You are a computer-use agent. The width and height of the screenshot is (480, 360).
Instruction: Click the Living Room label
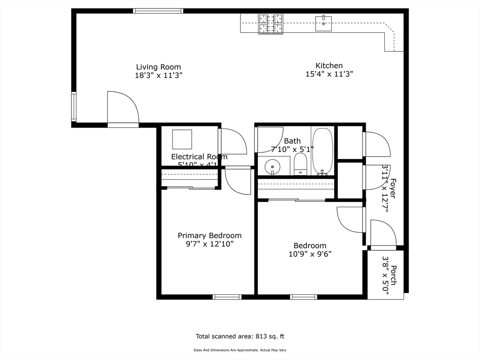(x=158, y=67)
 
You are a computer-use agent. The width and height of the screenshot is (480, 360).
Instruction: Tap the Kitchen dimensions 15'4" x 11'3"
(x=329, y=74)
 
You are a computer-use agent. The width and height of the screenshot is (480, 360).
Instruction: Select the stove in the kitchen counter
(x=271, y=24)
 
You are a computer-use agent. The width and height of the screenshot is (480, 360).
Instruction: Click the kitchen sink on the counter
(x=323, y=23)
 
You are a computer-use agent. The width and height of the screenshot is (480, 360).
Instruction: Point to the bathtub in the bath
(x=322, y=151)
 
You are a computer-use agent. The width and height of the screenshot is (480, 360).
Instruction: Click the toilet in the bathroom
(x=300, y=165)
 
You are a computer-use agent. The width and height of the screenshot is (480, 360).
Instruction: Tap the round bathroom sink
(x=272, y=167)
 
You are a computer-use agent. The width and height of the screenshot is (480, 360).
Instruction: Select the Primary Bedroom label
(x=210, y=235)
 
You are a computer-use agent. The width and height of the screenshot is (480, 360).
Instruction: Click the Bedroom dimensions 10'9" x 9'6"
(x=310, y=254)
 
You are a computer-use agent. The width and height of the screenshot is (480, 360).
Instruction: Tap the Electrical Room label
(x=199, y=157)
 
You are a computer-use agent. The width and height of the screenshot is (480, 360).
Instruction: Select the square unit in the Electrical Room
(x=182, y=139)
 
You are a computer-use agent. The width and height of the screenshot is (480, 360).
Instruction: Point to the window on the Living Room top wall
(x=158, y=11)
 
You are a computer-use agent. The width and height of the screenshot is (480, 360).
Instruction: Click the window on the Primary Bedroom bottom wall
(x=227, y=297)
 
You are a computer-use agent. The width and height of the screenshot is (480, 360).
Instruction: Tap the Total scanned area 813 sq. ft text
(x=240, y=336)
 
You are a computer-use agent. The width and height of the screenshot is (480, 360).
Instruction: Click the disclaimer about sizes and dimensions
(x=240, y=350)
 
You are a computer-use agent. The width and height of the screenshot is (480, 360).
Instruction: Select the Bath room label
(x=292, y=141)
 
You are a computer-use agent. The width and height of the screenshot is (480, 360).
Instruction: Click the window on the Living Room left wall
(x=74, y=107)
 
